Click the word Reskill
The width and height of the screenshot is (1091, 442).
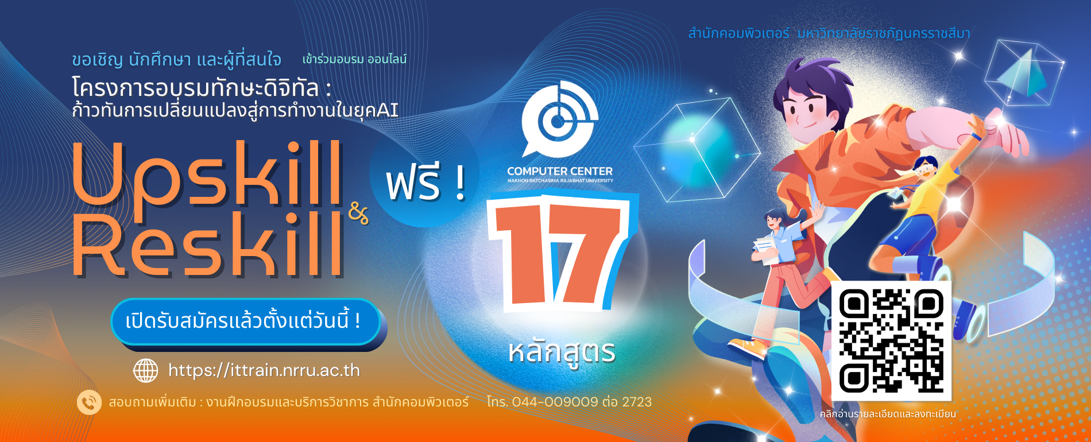click(207, 246)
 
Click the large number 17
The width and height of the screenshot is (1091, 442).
click(560, 253)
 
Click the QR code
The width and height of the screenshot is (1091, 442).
click(891, 340)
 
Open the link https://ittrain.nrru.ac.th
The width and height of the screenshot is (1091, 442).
click(264, 370)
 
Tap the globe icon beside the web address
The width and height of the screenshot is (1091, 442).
click(145, 370)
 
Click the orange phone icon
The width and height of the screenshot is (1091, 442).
click(89, 402)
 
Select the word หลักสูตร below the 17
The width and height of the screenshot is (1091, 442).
click(561, 352)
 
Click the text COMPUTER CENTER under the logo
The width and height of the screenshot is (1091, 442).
click(559, 171)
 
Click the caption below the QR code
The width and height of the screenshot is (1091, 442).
click(887, 414)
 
